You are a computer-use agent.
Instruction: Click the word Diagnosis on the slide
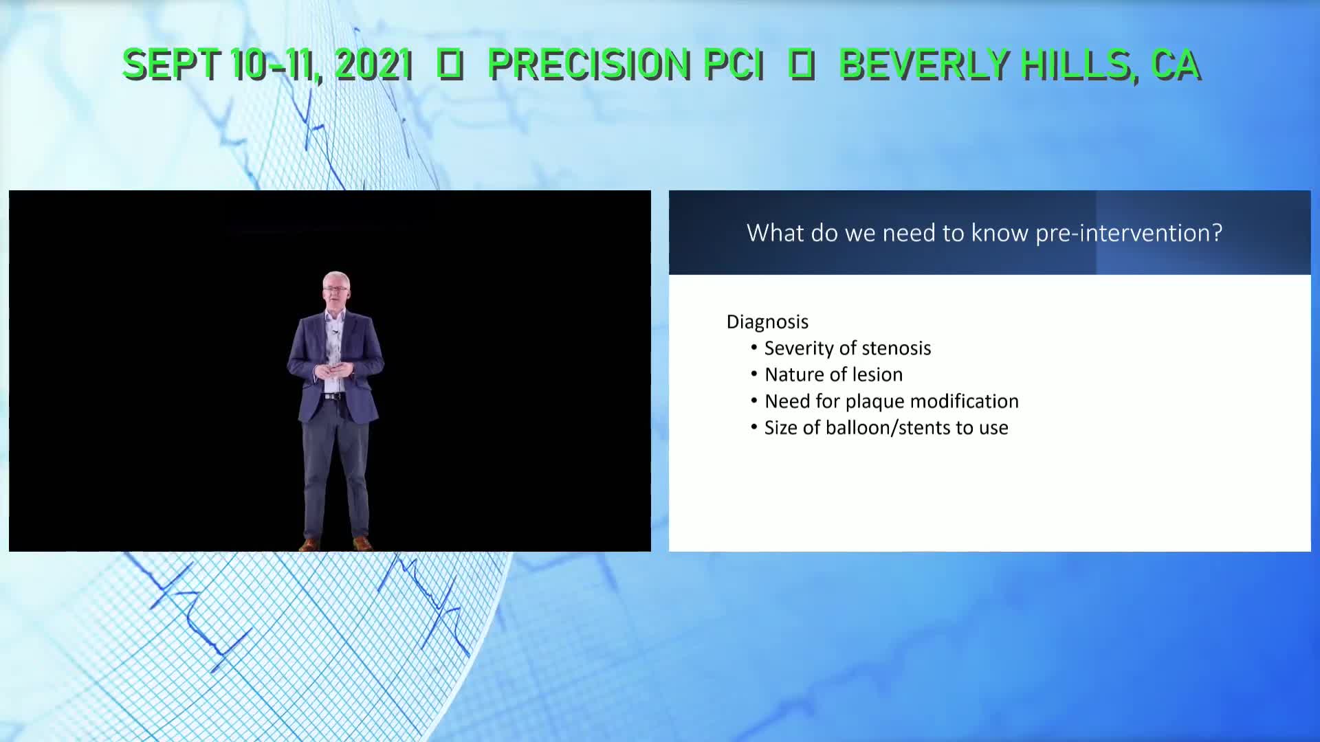767,322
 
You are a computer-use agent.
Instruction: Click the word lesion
877,374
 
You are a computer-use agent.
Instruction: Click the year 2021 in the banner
373,65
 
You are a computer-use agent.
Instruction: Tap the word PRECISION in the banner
588,65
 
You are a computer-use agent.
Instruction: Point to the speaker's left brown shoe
362,544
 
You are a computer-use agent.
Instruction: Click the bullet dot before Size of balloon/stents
754,427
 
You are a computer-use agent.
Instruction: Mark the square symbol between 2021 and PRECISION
450,65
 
